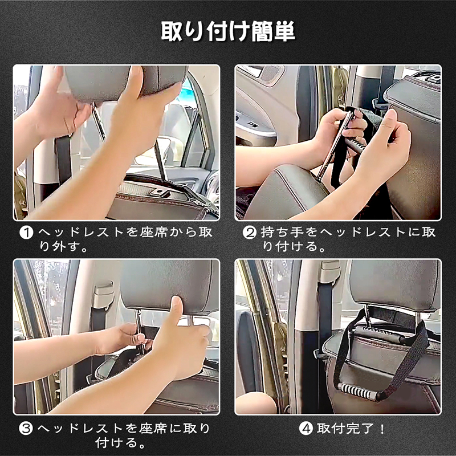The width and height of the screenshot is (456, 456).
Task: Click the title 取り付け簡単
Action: (x=228, y=31)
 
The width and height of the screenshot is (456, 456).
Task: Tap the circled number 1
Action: (x=26, y=233)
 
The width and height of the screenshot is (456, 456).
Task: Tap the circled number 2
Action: (x=249, y=233)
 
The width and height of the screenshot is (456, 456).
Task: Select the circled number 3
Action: (x=26, y=429)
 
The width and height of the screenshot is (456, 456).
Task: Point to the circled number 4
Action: (x=306, y=429)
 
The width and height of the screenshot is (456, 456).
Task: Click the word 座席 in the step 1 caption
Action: (x=153, y=233)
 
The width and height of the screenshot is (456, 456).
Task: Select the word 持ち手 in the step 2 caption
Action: (x=282, y=233)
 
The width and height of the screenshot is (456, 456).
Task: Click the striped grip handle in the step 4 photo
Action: (x=359, y=392)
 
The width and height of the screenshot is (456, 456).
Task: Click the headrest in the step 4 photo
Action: (x=395, y=284)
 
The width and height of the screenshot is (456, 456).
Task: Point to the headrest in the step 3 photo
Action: (x=169, y=287)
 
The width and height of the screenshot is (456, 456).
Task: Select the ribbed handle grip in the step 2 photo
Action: (x=354, y=144)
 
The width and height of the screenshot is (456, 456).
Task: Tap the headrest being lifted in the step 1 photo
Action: (x=125, y=82)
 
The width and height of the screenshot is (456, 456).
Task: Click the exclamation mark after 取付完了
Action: (x=382, y=429)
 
